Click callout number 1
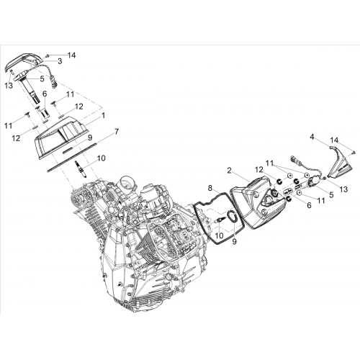103,116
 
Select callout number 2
229,171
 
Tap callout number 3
60,61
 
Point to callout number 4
312,137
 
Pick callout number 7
117,132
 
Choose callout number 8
210,188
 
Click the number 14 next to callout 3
71,55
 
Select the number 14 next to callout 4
335,140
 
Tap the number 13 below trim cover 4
343,189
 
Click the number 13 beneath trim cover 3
9,85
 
